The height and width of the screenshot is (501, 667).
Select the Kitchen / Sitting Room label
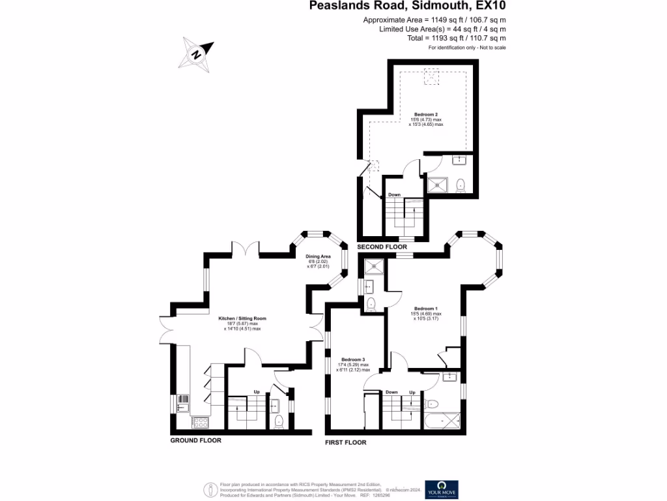[242, 318]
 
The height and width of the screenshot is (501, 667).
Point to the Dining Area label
[319, 257]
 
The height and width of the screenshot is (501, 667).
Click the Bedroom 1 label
[426, 309]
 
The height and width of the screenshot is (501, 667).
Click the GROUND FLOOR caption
[196, 440]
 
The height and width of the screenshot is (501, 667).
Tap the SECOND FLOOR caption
[382, 247]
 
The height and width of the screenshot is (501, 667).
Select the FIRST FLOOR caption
[346, 442]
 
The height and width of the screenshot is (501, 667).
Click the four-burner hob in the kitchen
[199, 422]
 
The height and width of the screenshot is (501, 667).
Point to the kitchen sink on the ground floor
[182, 402]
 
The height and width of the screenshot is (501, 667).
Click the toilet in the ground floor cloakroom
[279, 421]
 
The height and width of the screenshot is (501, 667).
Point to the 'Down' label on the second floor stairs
[394, 194]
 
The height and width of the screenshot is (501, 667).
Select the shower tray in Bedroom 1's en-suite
[374, 265]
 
